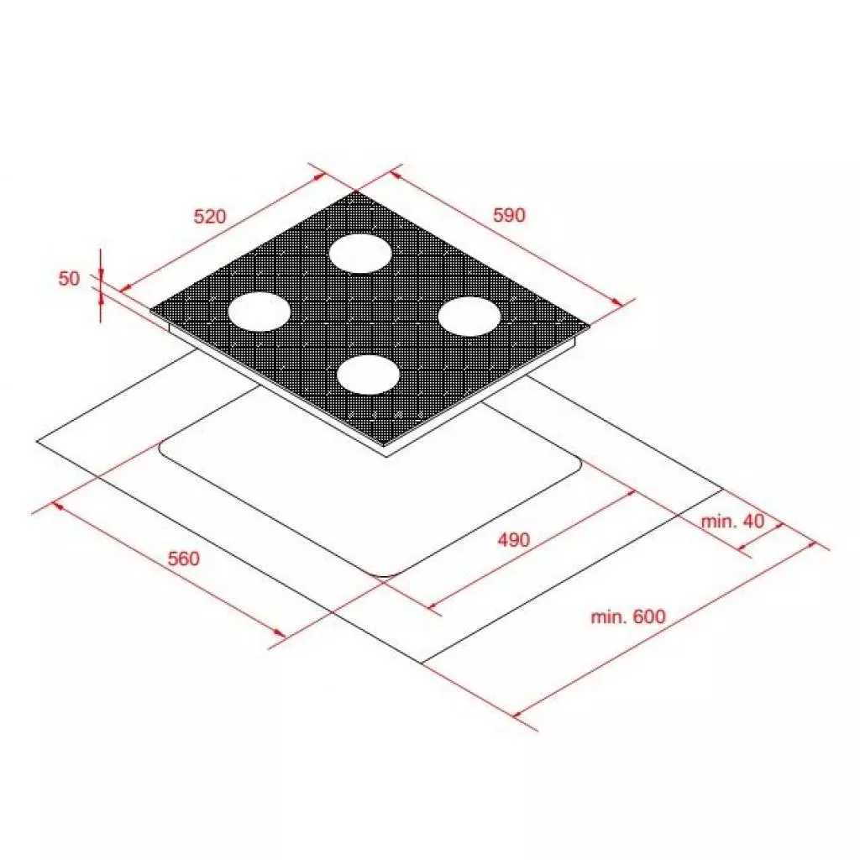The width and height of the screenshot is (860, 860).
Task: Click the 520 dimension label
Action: [x=210, y=216]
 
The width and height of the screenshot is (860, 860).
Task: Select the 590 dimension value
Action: [x=508, y=215]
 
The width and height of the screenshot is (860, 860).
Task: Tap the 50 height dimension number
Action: [x=69, y=279]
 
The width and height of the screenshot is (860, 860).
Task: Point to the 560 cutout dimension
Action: [x=183, y=558]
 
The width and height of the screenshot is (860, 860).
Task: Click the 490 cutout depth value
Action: [x=512, y=539]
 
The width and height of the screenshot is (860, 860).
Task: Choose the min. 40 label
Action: [x=733, y=521]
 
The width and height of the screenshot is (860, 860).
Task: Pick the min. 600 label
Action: [x=627, y=617]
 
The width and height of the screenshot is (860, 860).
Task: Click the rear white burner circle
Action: [x=359, y=253]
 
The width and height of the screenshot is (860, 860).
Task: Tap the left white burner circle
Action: [x=260, y=311]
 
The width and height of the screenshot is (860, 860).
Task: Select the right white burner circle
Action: [x=469, y=317]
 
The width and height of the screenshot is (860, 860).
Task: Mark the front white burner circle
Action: [x=368, y=374]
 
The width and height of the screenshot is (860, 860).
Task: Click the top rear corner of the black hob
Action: [x=356, y=192]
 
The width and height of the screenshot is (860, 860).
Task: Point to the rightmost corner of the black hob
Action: [x=590, y=324]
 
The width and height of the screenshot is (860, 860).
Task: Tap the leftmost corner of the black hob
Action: [x=152, y=312]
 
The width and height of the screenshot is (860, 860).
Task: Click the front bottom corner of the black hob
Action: [x=386, y=445]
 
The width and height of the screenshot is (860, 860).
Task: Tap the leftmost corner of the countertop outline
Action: [x=38, y=440]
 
